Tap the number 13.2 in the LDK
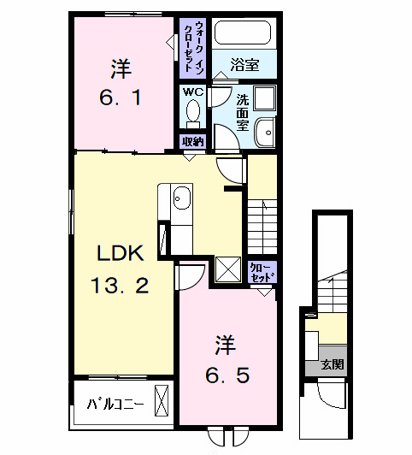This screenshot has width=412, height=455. pyautogui.click(x=122, y=285)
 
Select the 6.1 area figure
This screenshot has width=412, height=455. pyautogui.click(x=123, y=96)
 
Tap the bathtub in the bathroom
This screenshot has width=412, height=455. pyautogui.click(x=242, y=34)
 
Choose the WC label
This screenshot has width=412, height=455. pyautogui.click(x=191, y=90)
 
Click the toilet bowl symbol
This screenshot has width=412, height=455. pyautogui.click(x=192, y=112)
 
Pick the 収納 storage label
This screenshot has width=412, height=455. pyautogui.click(x=192, y=142)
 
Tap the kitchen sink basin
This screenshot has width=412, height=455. pyautogui.click(x=182, y=199)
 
